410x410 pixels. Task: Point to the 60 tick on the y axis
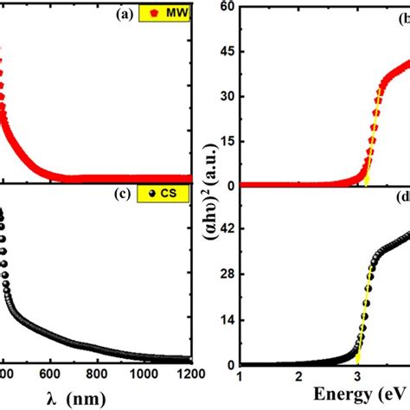pos(227,7)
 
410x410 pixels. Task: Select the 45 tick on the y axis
pos(227,51)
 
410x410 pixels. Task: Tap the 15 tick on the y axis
pos(227,140)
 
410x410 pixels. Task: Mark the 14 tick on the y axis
pos(227,319)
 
